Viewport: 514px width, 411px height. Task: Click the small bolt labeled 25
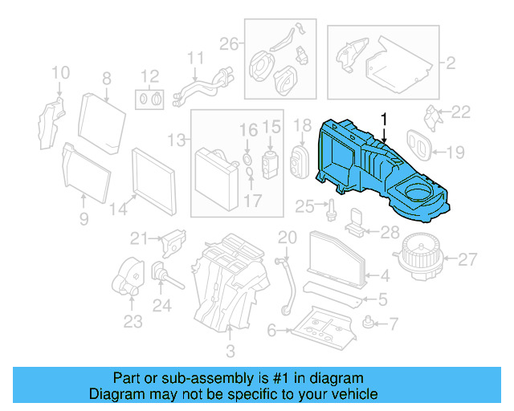coord(330,210)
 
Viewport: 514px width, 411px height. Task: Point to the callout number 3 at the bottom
coord(230,352)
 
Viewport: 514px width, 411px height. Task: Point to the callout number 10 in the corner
coord(61,75)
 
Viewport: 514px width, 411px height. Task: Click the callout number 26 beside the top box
coord(230,43)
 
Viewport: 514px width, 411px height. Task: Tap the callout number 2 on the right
coord(451,62)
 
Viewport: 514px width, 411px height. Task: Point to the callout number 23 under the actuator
coord(133,323)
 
